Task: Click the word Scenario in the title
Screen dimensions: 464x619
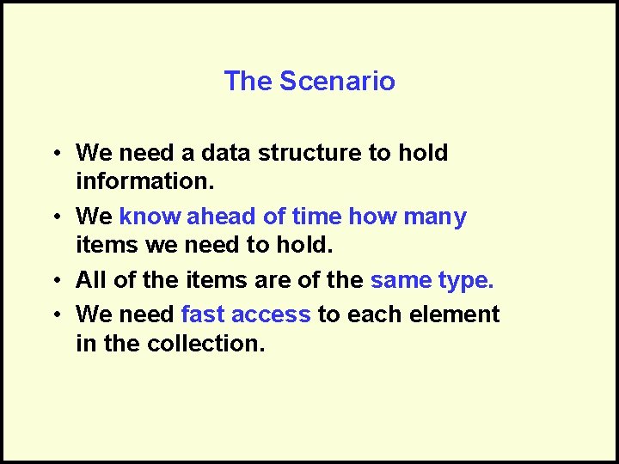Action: pyautogui.click(x=337, y=82)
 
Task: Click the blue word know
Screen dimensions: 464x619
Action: pyautogui.click(x=150, y=217)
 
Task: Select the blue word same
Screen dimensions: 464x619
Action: pyautogui.click(x=398, y=280)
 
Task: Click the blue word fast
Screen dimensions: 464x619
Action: pyautogui.click(x=202, y=314)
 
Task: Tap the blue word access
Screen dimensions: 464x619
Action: pyautogui.click(x=271, y=314)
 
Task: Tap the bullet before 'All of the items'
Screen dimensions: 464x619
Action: pyautogui.click(x=54, y=281)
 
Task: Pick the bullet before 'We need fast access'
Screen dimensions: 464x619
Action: pyautogui.click(x=54, y=315)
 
